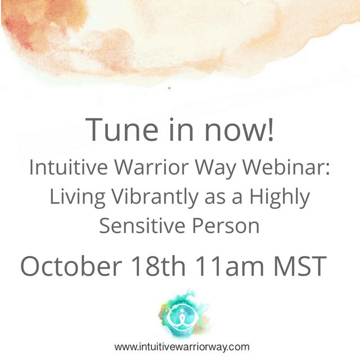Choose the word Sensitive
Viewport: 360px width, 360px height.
click(139, 226)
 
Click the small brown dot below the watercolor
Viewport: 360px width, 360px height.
click(169, 88)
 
